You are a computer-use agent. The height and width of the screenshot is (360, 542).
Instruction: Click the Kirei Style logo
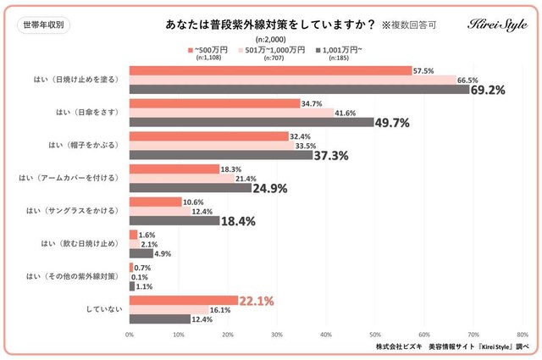[497, 25]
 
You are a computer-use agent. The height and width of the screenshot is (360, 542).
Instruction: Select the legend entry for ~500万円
[210, 52]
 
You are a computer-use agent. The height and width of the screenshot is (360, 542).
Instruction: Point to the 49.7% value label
[393, 123]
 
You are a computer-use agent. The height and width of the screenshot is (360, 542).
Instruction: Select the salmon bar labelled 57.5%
[270, 70]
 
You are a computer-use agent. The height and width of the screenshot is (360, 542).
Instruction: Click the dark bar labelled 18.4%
[174, 221]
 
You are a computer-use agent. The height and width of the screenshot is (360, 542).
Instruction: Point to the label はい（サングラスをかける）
[73, 211]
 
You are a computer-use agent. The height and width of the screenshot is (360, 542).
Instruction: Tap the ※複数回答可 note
[406, 25]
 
